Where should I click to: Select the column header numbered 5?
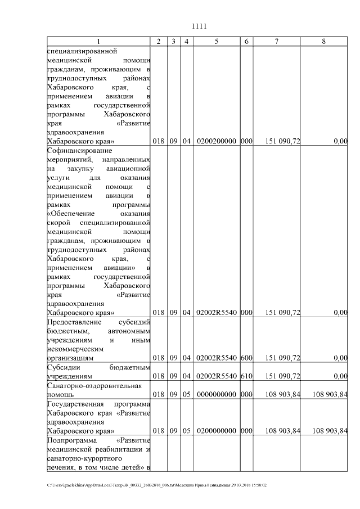point(217,42)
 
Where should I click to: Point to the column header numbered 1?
point(98,42)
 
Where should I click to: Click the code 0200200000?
point(217,141)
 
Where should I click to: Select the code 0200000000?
point(217,431)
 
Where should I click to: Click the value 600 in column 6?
point(246,358)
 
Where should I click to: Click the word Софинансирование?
point(80,150)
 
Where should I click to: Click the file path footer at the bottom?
point(157,485)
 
